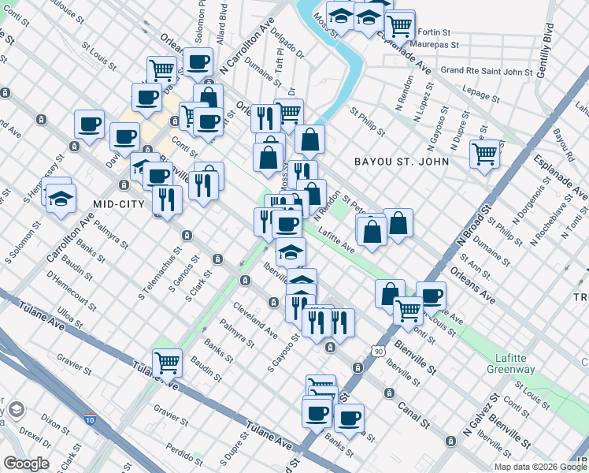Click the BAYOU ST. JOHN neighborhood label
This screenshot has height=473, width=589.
[x=402, y=162]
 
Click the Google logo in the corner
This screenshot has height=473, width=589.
[x=26, y=464]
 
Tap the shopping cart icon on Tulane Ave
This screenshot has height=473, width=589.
[x=167, y=363]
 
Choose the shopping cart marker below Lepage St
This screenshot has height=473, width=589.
[x=484, y=153]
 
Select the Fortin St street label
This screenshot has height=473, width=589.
[x=433, y=32]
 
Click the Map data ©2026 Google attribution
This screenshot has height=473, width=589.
[x=540, y=467]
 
